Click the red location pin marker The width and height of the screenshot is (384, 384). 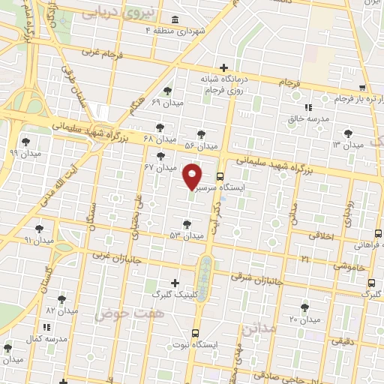pyautogui.click(x=193, y=176)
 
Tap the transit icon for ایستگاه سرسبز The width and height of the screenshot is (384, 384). pyautogui.click(x=220, y=177)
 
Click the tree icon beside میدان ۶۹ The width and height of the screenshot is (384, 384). pyautogui.click(x=177, y=91)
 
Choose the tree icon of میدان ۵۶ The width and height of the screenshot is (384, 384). pyautogui.click(x=199, y=133)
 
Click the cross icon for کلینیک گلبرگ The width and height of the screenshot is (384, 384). pyautogui.click(x=175, y=283)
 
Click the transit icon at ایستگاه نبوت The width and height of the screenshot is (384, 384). pyautogui.click(x=196, y=333)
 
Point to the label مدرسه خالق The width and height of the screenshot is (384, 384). pyautogui.click(x=306, y=118)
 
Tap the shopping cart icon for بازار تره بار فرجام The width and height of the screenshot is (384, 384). pyautogui.click(x=362, y=87)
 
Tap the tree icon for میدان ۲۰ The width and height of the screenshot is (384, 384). pyautogui.click(x=304, y=307)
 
